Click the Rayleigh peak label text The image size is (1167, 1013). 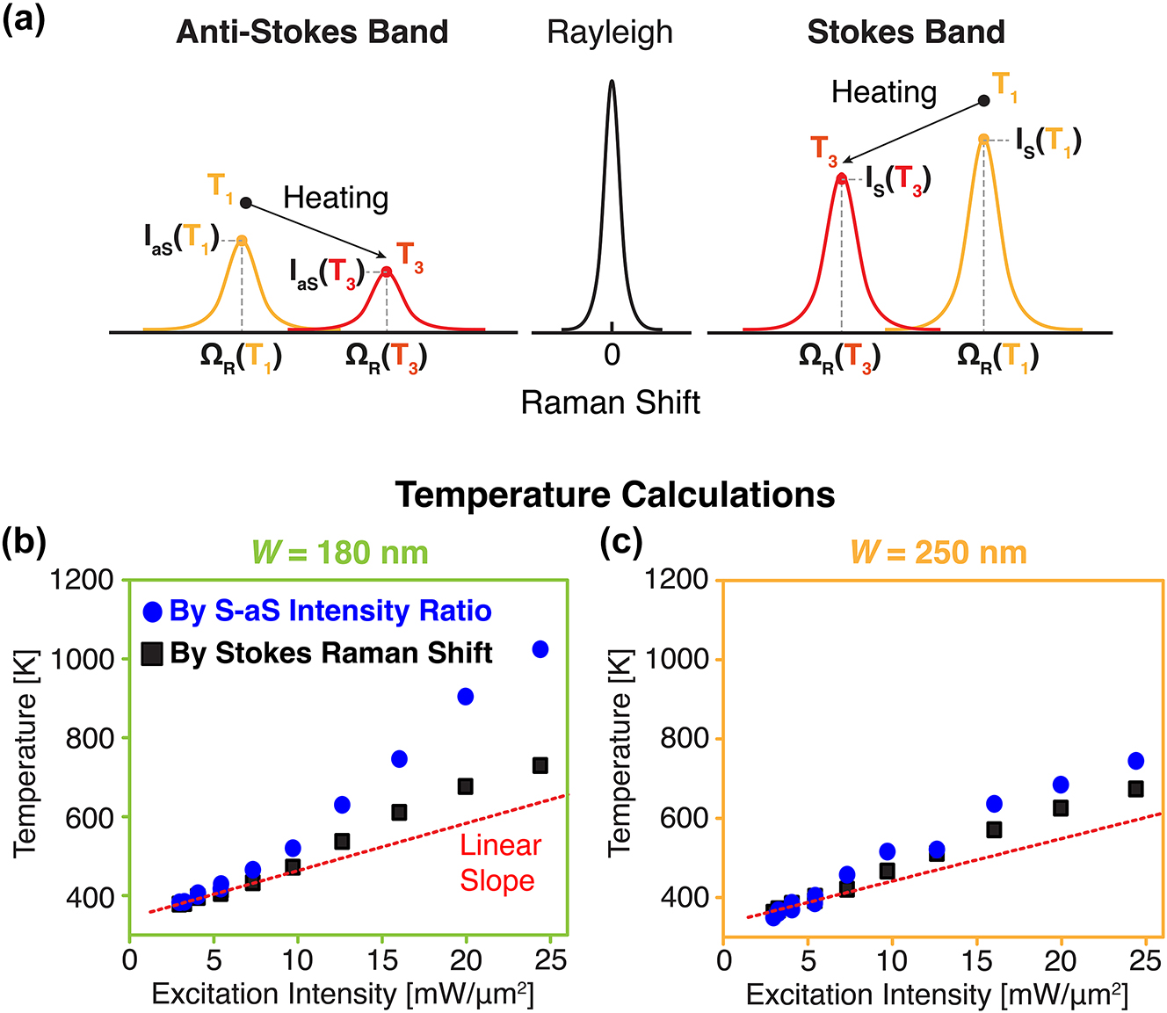point(610,33)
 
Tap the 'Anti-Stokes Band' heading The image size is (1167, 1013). point(312,33)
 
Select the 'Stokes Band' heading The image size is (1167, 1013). point(906,33)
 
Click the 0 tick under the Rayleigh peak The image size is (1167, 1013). point(612,355)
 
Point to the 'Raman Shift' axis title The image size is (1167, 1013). point(610,402)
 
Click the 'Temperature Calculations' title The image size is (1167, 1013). point(614,495)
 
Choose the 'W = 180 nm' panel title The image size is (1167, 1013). point(340,553)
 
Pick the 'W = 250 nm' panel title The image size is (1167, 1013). point(939,553)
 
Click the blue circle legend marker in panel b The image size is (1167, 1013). point(153,611)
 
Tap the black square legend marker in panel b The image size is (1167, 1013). point(153,654)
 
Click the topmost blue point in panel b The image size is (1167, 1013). point(540,649)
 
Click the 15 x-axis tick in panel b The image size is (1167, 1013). point(382,959)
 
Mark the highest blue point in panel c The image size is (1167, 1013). point(1135,761)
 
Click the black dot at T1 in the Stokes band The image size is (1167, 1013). point(985,101)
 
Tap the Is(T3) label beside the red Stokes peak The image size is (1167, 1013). point(897,180)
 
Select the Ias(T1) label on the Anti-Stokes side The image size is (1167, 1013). point(181,239)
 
